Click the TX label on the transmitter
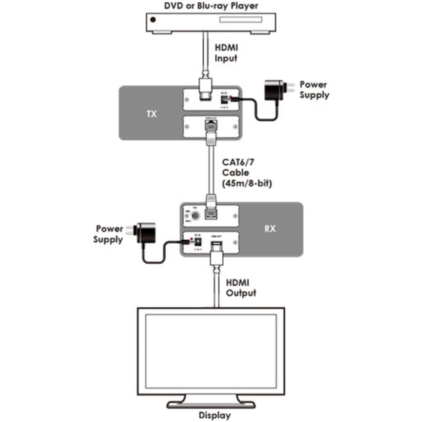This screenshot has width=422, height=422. pos(151,114)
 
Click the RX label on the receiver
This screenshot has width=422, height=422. pos(270,229)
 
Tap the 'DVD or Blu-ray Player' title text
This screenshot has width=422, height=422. pos(211,6)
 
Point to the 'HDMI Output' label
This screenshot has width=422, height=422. pos(241,287)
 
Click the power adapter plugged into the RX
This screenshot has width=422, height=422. pos(145,233)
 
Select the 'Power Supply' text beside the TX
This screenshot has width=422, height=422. pos(314,89)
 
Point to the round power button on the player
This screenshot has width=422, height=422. pos(153,19)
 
